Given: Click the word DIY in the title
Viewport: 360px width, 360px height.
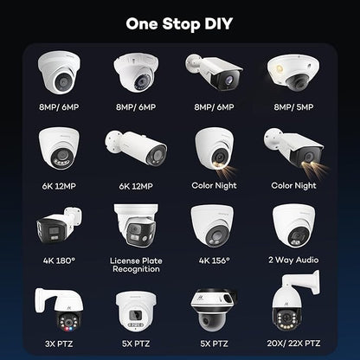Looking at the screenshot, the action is [219, 23].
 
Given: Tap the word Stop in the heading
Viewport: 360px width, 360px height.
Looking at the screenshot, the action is [181, 24].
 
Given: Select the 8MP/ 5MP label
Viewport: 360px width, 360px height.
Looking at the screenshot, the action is [293, 107].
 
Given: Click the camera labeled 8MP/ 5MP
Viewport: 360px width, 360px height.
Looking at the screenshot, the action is [293, 72].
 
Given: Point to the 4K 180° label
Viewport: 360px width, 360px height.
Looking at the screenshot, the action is [59, 260].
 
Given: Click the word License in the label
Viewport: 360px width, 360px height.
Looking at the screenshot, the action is [125, 260].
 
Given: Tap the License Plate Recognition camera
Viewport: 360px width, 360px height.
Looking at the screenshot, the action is [136, 226].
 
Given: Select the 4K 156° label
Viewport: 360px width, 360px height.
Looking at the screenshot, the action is [215, 260].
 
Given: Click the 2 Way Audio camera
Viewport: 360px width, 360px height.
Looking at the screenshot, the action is [294, 226].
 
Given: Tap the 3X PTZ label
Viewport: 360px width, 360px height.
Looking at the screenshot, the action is [59, 344].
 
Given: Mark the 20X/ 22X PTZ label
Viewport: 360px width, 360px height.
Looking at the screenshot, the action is [293, 344].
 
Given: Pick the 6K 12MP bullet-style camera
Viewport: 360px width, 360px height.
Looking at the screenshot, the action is [136, 148].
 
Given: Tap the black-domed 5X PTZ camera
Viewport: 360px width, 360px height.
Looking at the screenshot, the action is [214, 310].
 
